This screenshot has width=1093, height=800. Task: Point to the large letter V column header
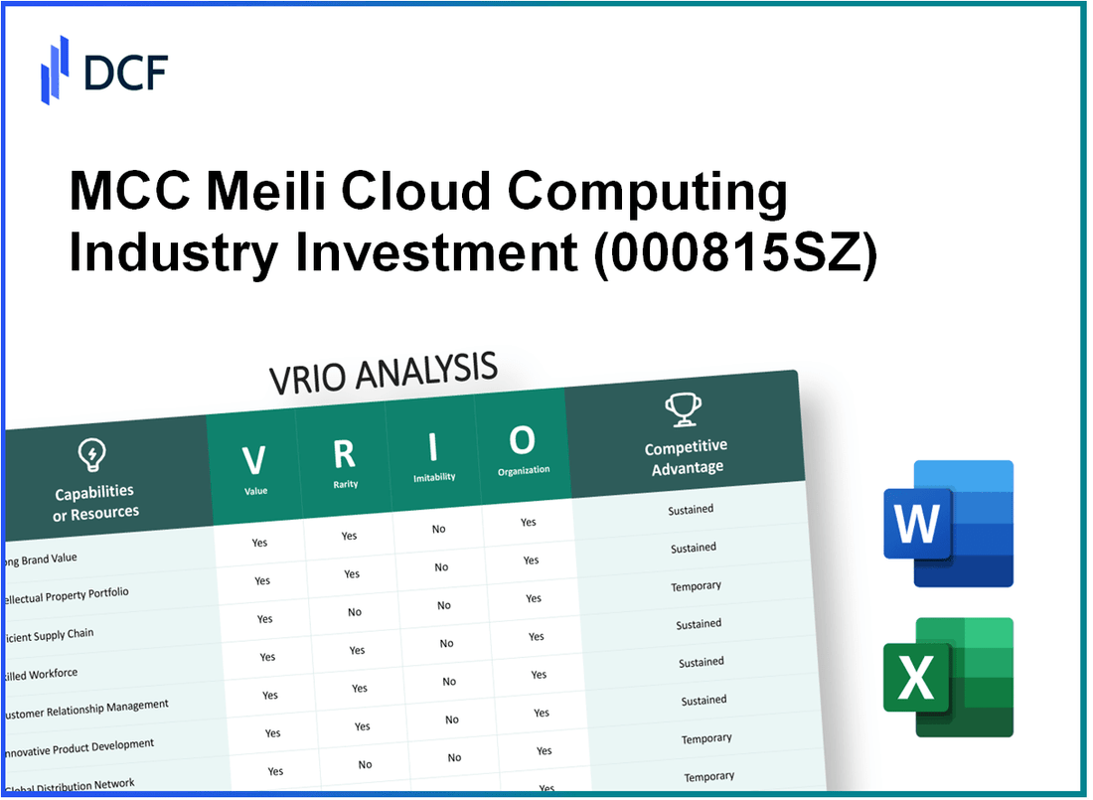(x=253, y=460)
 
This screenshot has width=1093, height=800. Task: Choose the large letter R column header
(x=344, y=453)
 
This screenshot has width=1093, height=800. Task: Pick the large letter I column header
(x=433, y=447)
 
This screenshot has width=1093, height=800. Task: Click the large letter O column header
(x=522, y=439)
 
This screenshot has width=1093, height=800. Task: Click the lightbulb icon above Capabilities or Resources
(x=90, y=456)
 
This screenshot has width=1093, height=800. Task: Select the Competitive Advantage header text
(x=686, y=457)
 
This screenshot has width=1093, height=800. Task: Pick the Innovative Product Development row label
(x=78, y=747)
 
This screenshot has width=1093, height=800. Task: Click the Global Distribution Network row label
(x=69, y=785)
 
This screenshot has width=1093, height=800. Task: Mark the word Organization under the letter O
(x=524, y=470)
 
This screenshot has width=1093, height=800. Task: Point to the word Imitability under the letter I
(x=434, y=478)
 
